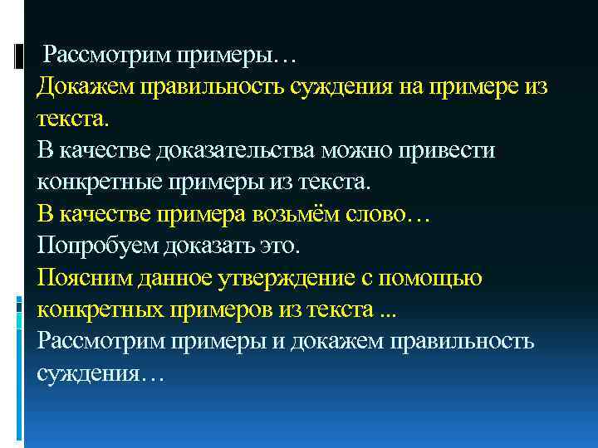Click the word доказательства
point(233,150)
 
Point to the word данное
point(172,277)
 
